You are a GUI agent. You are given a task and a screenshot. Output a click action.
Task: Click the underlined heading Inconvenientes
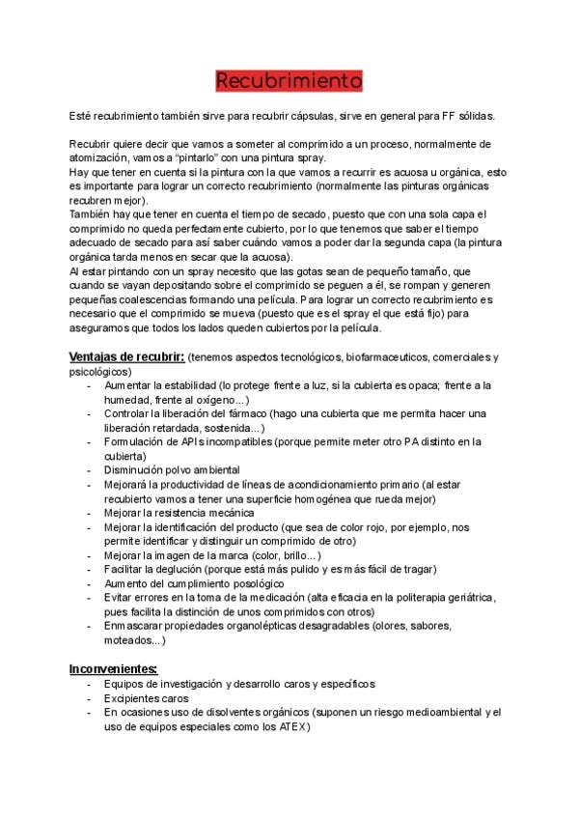click(x=114, y=669)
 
